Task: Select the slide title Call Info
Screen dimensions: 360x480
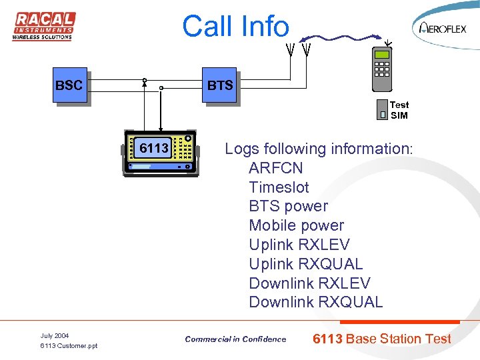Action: pos(235,27)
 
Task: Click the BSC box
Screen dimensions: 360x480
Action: pos(69,85)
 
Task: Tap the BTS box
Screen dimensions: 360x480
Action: pos(220,85)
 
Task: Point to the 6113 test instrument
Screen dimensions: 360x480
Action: pos(161,155)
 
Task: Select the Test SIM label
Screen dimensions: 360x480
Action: pos(399,110)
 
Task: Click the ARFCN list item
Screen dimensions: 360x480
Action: pos(275,168)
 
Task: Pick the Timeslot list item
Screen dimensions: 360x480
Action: pos(279,187)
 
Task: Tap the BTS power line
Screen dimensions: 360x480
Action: pos(288,207)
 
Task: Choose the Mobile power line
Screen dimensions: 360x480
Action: pos(296,226)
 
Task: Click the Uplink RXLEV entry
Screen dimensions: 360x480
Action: pos(299,245)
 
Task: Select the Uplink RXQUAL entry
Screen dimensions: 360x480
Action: pos(305,264)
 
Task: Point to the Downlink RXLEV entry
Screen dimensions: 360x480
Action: pos(309,283)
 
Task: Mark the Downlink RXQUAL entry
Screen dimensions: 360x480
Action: pos(315,303)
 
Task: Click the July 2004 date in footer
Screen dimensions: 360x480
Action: pos(55,335)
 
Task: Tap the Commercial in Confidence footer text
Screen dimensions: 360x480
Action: pos(235,339)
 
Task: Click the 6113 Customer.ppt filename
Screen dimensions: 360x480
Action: pos(69,346)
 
